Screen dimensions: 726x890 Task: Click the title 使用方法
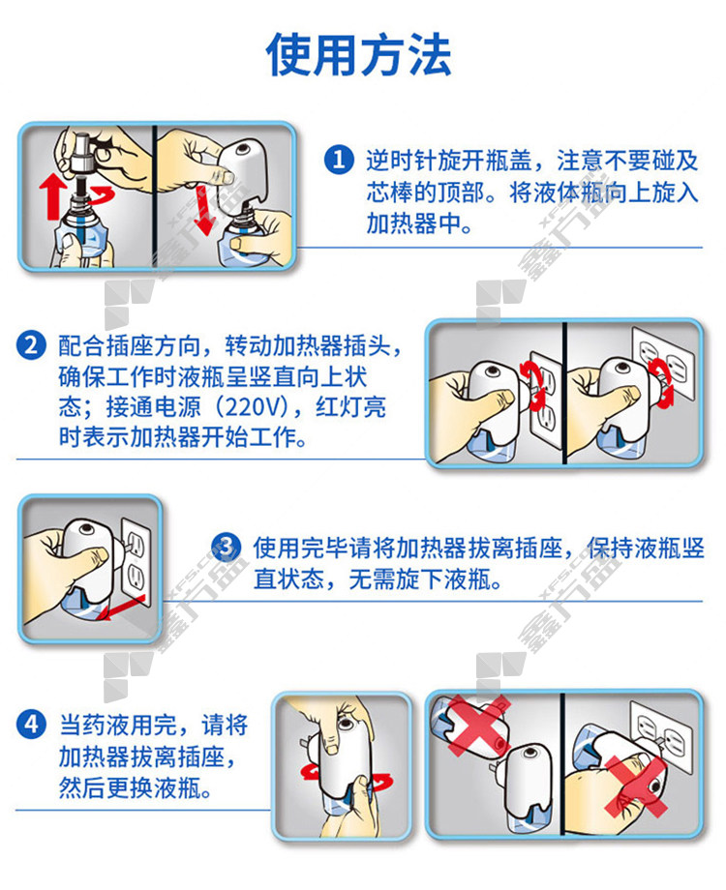click(358, 54)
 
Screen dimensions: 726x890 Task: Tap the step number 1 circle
click(339, 160)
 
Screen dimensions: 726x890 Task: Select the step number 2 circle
click(31, 345)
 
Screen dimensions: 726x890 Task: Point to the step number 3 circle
click(227, 548)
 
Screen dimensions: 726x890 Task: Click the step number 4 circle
click(31, 725)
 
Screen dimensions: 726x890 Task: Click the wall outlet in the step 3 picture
click(136, 562)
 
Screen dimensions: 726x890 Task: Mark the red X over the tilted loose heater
click(477, 727)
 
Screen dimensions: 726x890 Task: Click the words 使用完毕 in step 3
click(300, 549)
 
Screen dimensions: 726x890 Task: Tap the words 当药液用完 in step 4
click(118, 726)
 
